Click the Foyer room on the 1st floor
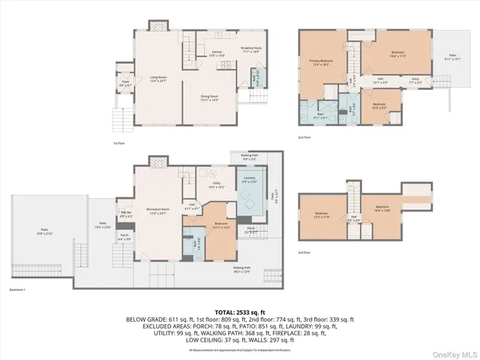pos(124,84)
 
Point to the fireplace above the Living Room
pos(157,26)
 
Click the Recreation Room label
pos(157,212)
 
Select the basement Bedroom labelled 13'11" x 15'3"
pos(221,225)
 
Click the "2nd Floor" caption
pos(304,137)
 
